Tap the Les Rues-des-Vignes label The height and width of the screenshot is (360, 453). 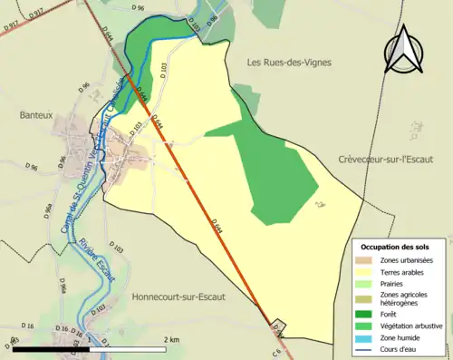pos(289,63)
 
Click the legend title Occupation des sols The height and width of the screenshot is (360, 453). pos(395,247)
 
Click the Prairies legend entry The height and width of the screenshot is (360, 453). pos(390,282)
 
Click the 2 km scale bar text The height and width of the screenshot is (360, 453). pos(172,338)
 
